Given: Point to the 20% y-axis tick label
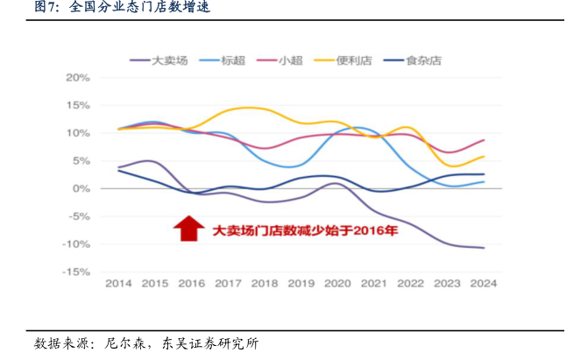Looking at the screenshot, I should (x=78, y=77).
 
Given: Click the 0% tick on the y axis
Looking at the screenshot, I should (x=81, y=188).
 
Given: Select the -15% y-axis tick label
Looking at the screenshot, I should (x=77, y=272).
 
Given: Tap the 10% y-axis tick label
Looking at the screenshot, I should (x=78, y=133).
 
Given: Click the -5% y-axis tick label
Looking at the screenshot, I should (x=79, y=216).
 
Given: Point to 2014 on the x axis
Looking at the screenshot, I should (x=118, y=284).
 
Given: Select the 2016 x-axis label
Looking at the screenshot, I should (x=190, y=284).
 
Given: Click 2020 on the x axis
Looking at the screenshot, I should (x=337, y=284).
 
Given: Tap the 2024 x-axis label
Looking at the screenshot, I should (x=484, y=284).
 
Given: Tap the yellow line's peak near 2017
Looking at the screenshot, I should (x=241, y=108).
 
